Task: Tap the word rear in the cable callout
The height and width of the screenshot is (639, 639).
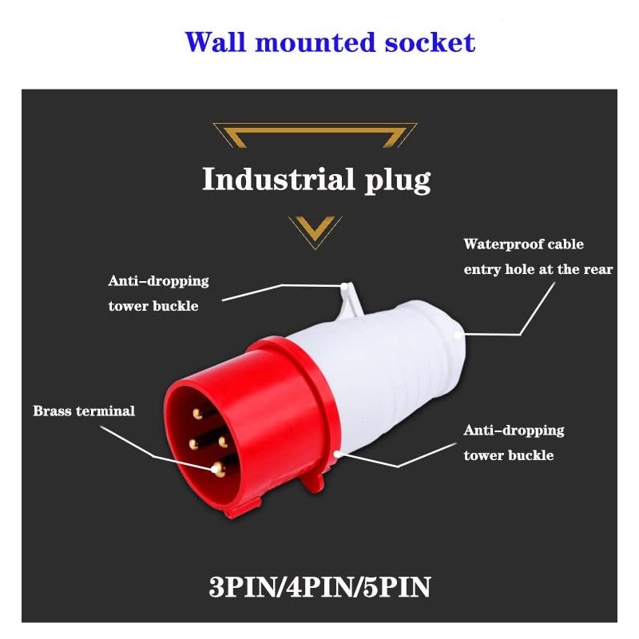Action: (597, 269)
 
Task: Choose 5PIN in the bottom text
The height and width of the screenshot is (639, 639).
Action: (396, 587)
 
